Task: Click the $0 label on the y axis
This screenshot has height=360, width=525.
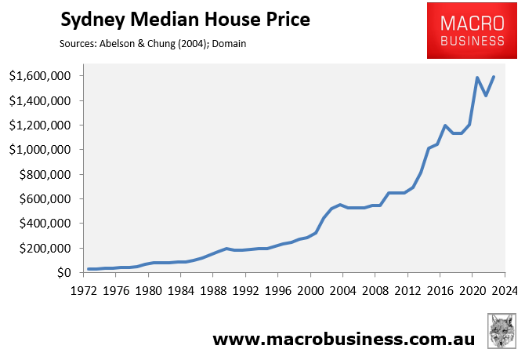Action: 67,272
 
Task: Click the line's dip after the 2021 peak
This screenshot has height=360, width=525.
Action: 486,96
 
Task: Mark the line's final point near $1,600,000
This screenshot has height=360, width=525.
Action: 494,77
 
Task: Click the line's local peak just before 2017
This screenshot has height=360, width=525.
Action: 445,125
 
